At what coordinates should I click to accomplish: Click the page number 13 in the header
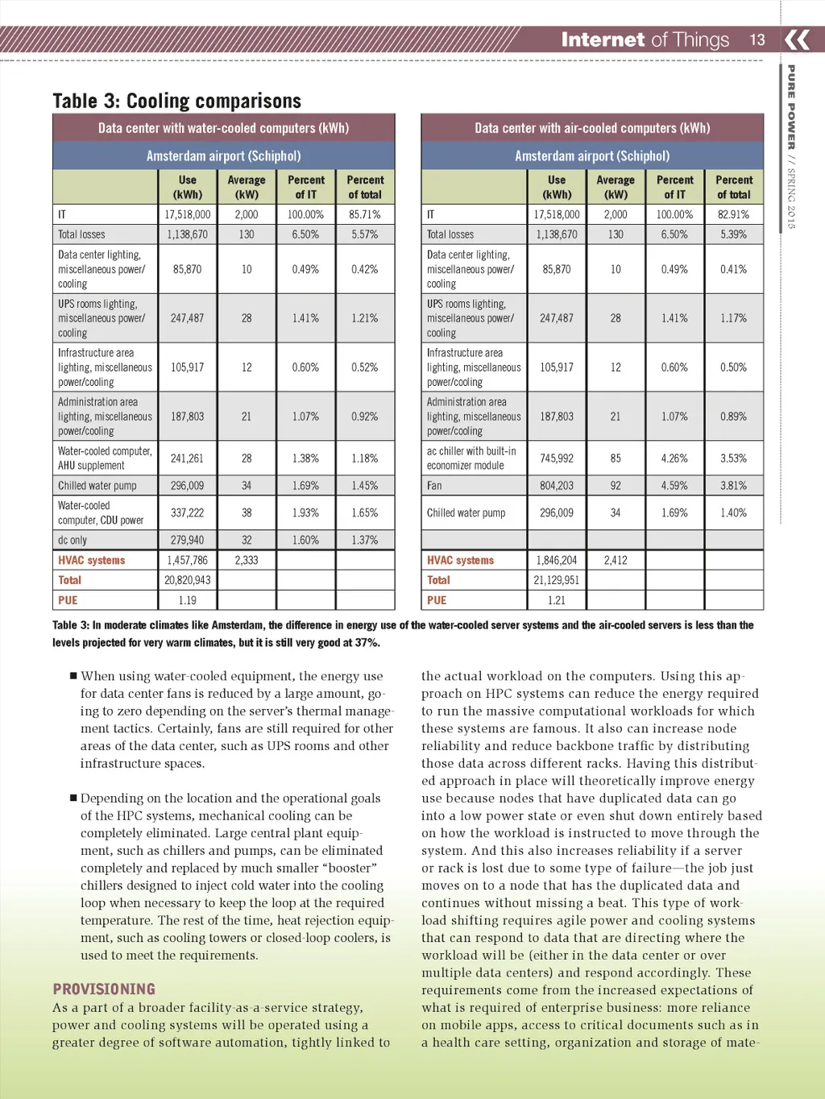click(757, 39)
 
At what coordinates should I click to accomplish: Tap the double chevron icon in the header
click(797, 39)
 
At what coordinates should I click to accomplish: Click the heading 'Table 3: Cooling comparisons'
click(176, 101)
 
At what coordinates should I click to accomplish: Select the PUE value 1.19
click(187, 600)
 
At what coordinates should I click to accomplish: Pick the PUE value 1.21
click(557, 600)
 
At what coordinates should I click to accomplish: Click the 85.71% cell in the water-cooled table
click(365, 215)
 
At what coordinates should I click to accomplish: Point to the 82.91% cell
click(733, 215)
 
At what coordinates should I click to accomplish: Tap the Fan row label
click(434, 486)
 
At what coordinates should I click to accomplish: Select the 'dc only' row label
click(73, 541)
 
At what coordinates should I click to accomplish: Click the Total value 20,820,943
click(187, 580)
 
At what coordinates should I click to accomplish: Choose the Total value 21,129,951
click(557, 580)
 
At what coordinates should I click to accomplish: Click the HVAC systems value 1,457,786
click(187, 560)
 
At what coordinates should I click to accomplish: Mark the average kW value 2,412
click(616, 560)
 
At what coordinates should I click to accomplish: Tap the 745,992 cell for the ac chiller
click(557, 458)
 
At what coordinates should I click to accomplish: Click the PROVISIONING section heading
click(104, 989)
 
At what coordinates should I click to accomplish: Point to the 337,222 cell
click(187, 512)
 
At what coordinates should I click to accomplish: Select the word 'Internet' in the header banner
click(603, 39)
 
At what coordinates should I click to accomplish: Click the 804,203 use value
click(557, 486)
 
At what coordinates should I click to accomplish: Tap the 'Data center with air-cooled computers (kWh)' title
click(592, 128)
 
